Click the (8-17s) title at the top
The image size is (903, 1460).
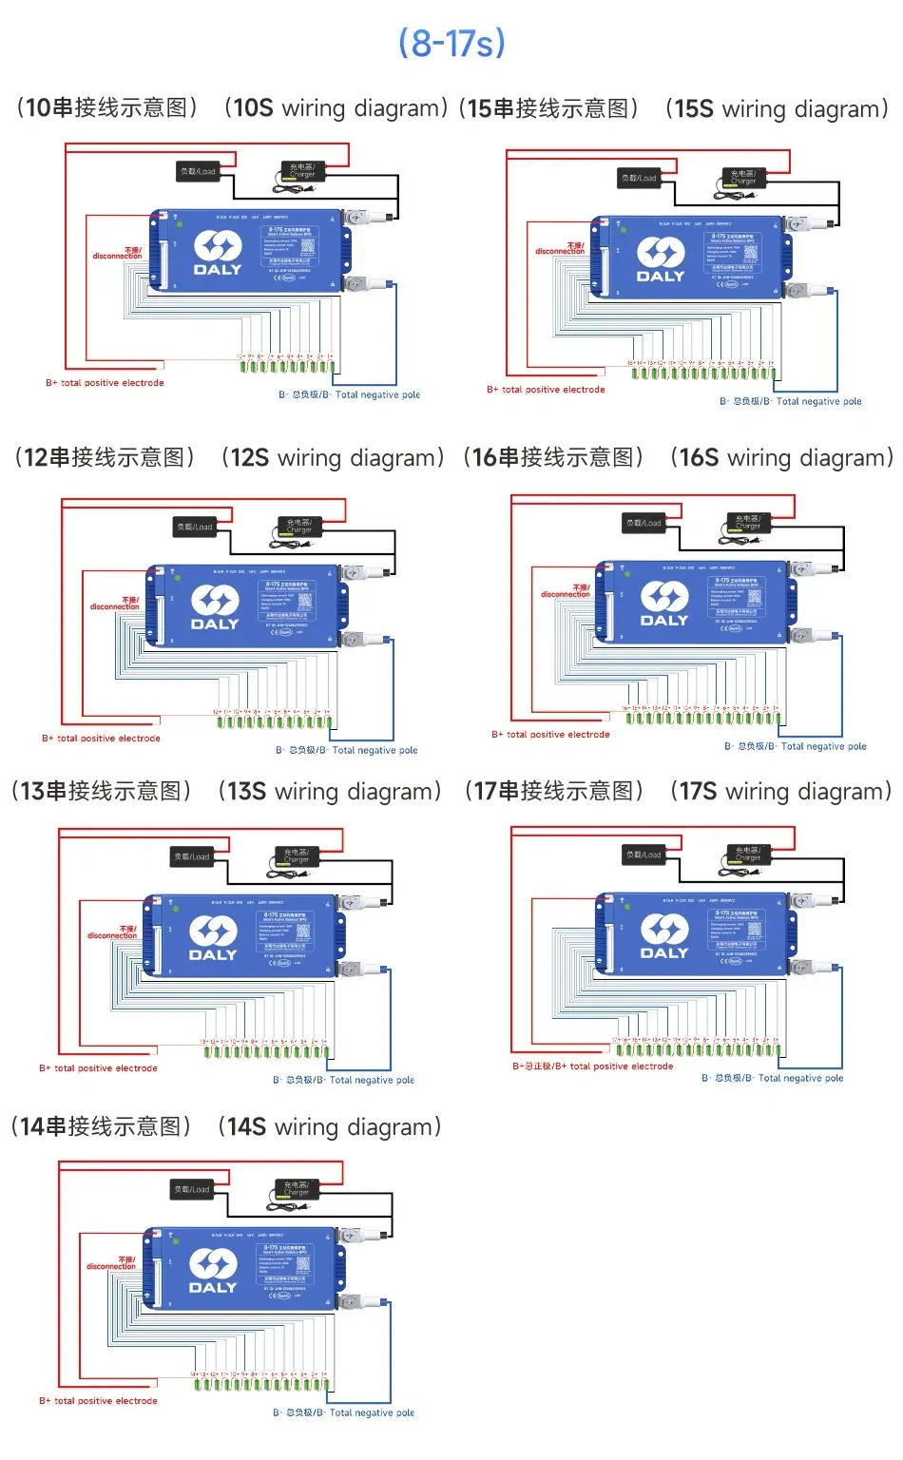pos(451,43)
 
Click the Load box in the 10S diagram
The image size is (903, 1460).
pos(198,172)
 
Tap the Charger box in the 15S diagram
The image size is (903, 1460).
pos(743,178)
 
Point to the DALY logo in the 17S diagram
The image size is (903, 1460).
pos(664,937)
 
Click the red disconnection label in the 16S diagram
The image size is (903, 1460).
pos(566,591)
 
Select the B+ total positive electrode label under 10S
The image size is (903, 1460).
pos(105,383)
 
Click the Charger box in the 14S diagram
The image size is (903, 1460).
pos(297,1189)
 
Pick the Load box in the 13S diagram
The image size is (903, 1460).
pos(192,856)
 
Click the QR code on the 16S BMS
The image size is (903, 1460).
pos(755,597)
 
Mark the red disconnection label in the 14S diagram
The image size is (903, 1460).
pos(112,1263)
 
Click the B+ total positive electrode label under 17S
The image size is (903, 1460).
pos(593,1066)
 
